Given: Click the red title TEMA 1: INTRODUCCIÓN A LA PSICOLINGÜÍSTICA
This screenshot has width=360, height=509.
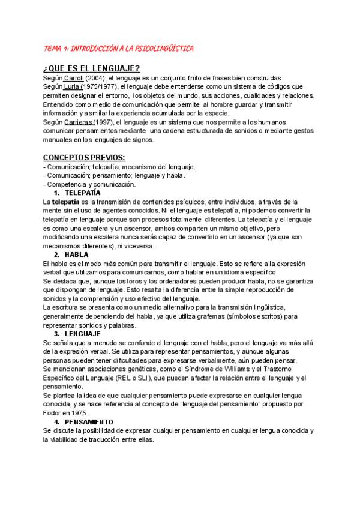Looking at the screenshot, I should (119, 48).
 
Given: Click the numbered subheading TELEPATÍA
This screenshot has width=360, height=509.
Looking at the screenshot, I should (83, 193).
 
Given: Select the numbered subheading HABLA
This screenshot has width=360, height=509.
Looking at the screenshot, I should (76, 254).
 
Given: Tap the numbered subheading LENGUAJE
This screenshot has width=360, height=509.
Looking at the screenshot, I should (83, 333).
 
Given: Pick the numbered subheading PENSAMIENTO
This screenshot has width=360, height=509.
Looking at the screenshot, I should (89, 421).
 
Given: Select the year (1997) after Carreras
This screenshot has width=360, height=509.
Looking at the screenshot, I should (106, 122).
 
